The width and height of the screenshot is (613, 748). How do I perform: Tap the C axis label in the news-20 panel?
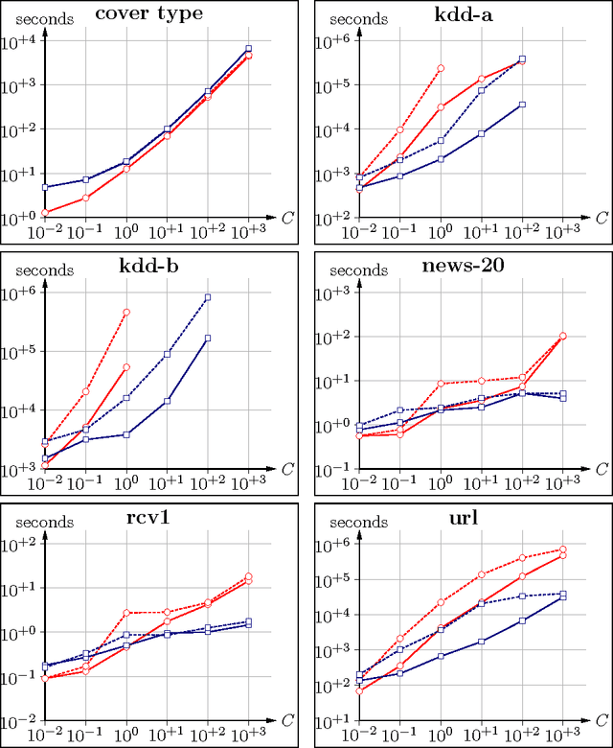[x=600, y=469]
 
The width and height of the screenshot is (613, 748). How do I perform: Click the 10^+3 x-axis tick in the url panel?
[x=563, y=735]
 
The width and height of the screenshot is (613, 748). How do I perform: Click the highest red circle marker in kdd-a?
[x=441, y=68]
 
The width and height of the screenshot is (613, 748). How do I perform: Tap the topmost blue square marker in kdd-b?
[x=208, y=297]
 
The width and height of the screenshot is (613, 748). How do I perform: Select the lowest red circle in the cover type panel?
[x=45, y=212]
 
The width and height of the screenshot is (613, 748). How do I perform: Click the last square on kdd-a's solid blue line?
[x=522, y=105]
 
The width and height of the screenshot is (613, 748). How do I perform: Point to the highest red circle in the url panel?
[x=562, y=549]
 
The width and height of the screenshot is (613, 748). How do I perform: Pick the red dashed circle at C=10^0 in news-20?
[x=441, y=384]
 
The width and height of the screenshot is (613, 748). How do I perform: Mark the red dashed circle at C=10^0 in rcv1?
[x=126, y=612]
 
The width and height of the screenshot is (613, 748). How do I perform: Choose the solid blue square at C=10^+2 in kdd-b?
[x=208, y=338]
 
